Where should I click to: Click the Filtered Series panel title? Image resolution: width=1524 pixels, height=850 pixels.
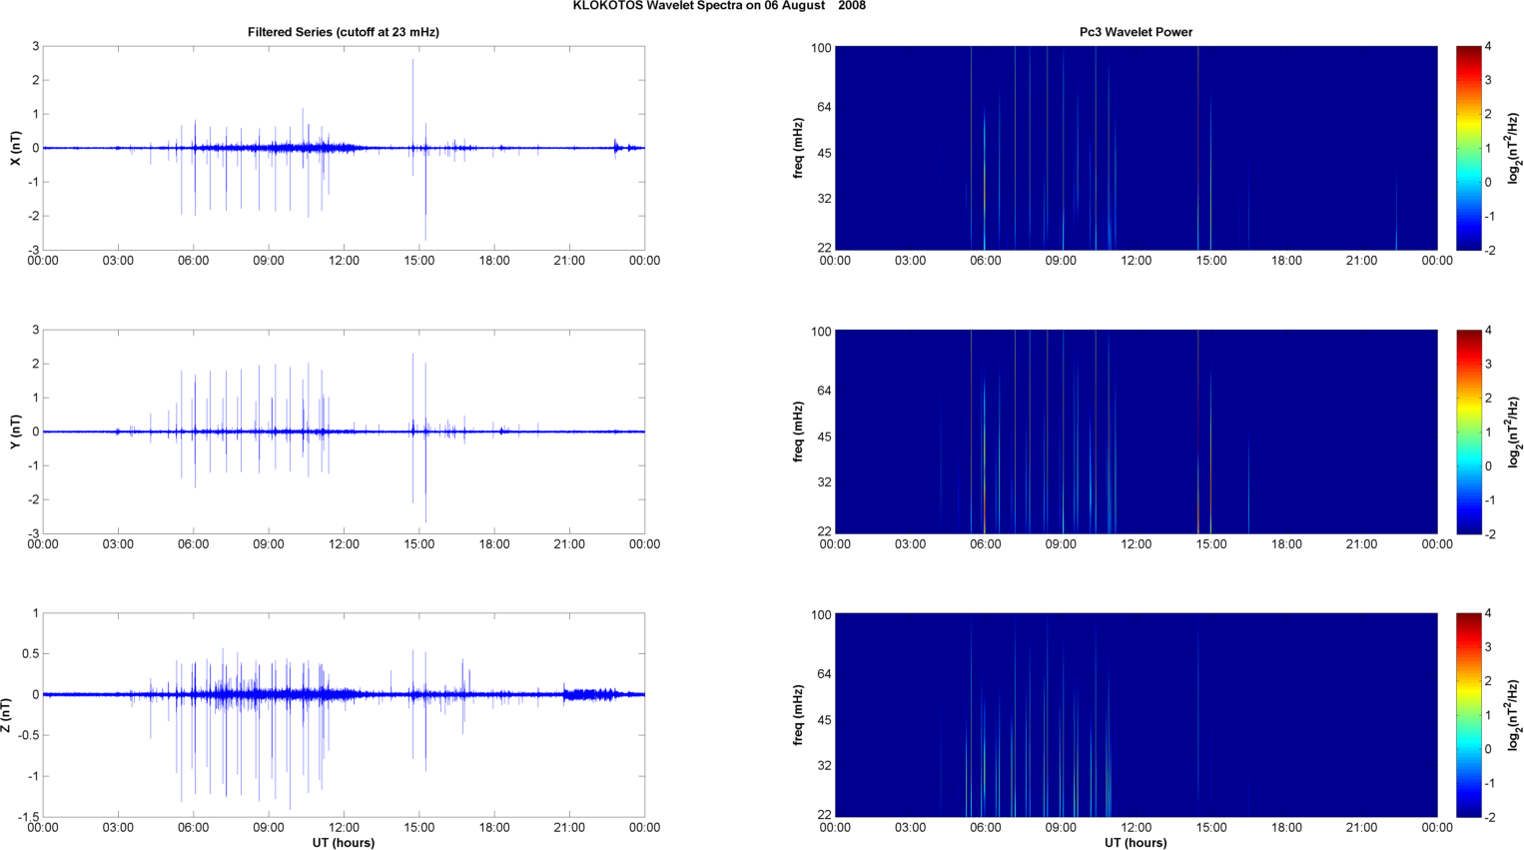pos(343,32)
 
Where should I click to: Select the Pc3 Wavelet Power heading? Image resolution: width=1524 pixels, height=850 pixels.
pos(1136,32)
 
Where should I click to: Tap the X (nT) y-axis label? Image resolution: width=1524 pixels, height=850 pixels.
pos(15,148)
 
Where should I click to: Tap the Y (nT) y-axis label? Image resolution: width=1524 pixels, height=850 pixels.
pos(15,431)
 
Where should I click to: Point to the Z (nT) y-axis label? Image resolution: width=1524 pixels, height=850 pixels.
pos(7,715)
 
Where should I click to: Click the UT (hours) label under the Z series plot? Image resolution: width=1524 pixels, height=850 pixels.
pos(343,843)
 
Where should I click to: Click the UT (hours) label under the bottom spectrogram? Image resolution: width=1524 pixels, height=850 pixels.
pos(1136,843)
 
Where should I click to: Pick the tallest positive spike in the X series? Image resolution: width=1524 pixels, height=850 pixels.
pos(412,60)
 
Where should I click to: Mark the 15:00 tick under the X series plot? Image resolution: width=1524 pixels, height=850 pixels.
pos(418,261)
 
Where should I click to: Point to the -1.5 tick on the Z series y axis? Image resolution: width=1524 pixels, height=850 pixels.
pos(27,817)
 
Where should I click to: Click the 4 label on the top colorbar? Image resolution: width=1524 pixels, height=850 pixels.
pos(1488,47)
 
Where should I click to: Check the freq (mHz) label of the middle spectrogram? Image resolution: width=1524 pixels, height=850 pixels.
pos(799,431)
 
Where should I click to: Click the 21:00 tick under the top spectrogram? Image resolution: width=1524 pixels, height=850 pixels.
pos(1361,261)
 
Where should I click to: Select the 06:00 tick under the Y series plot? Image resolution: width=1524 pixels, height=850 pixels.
pos(193,544)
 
